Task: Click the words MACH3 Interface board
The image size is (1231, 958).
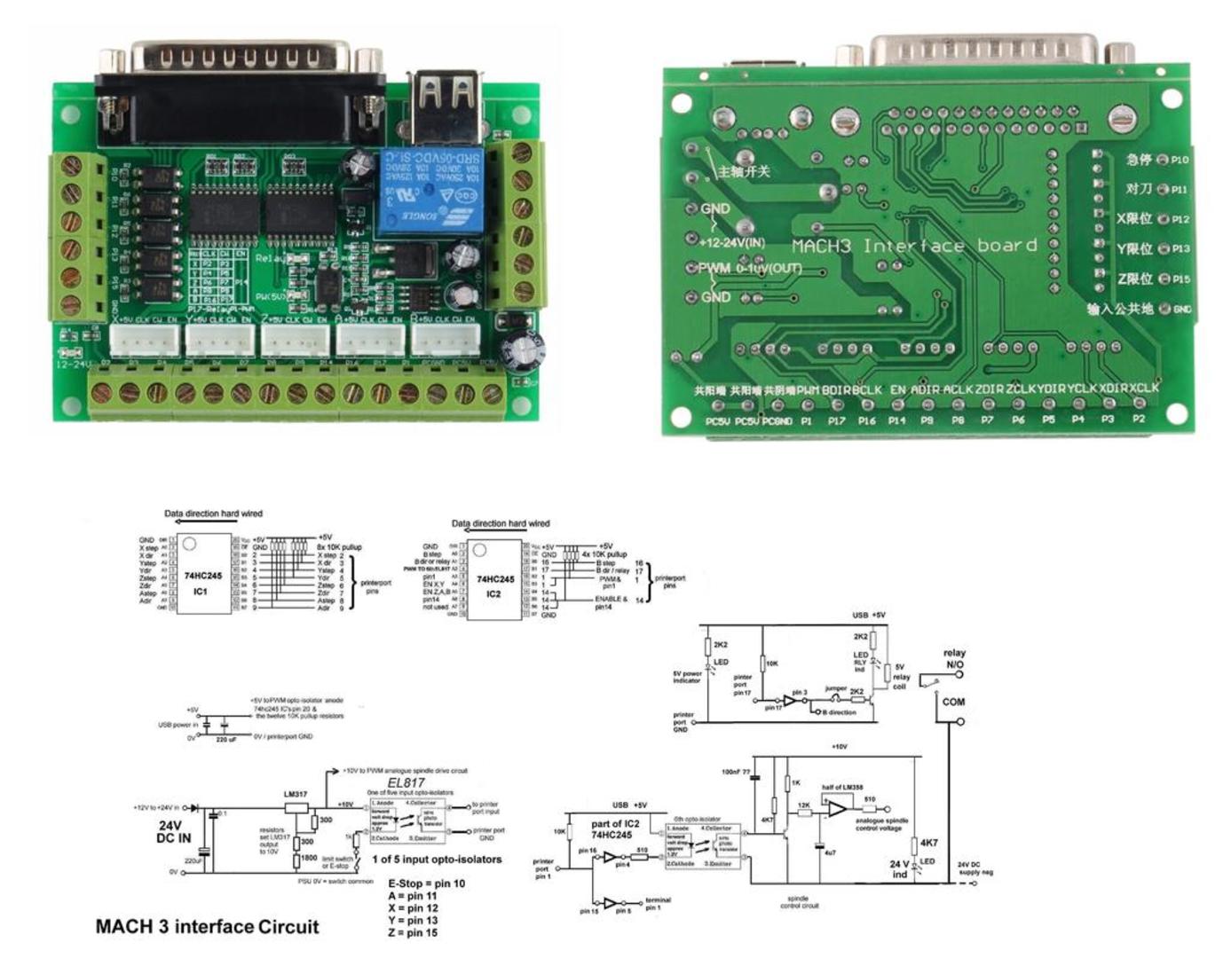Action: click(x=913, y=246)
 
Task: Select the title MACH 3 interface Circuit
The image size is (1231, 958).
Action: click(x=207, y=927)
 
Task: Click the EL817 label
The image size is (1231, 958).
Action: click(x=406, y=782)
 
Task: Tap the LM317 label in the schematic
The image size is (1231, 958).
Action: click(x=296, y=795)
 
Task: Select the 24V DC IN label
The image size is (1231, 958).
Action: click(x=174, y=831)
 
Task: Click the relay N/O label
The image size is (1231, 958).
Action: click(x=954, y=658)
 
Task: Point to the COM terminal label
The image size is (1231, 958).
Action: click(x=953, y=702)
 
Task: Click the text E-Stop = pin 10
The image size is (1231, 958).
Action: click(x=426, y=883)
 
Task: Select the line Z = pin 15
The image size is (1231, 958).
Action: click(x=413, y=932)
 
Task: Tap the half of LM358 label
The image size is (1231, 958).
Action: click(x=842, y=788)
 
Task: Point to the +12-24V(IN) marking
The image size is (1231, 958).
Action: click(x=732, y=241)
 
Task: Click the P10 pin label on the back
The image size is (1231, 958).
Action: click(x=1180, y=160)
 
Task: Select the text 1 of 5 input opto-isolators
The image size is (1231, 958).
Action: click(x=437, y=859)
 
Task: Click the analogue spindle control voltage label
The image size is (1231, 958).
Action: click(x=881, y=825)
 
